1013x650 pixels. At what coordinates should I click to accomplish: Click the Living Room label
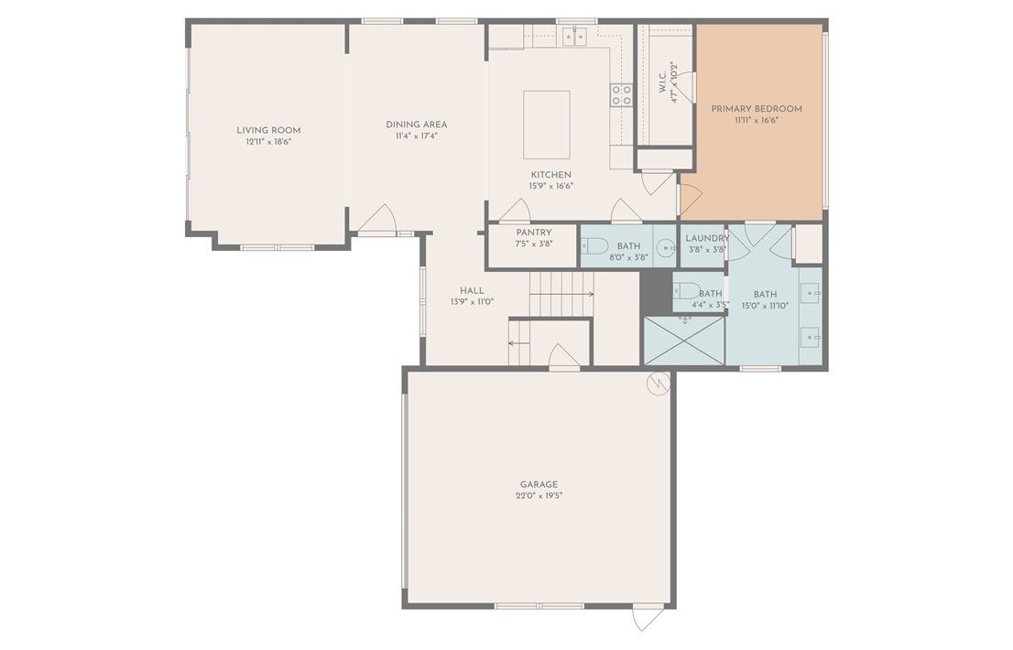click(x=268, y=130)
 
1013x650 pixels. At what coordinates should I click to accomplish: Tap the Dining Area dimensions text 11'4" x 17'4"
click(x=417, y=136)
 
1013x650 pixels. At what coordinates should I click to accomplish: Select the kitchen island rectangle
click(x=547, y=125)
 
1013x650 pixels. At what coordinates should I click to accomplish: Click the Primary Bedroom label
click(x=757, y=108)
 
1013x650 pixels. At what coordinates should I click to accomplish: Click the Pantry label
click(x=534, y=233)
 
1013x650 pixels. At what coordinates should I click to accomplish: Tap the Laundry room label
click(x=707, y=238)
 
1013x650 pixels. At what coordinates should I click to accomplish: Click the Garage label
click(x=539, y=484)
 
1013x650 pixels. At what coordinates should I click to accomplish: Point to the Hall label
click(x=472, y=290)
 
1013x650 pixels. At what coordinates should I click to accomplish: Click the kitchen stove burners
click(x=622, y=95)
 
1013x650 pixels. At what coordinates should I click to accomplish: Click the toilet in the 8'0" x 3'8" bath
click(x=594, y=246)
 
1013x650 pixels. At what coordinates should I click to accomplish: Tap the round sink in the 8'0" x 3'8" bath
click(x=666, y=246)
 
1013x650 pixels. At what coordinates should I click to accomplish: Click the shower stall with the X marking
click(x=685, y=341)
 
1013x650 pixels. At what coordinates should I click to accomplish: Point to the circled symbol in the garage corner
click(x=659, y=385)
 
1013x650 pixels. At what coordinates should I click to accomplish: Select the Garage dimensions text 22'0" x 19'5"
click(x=539, y=496)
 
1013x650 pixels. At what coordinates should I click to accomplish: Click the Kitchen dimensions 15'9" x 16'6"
click(x=551, y=186)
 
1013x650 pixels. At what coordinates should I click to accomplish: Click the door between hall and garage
click(x=563, y=357)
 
